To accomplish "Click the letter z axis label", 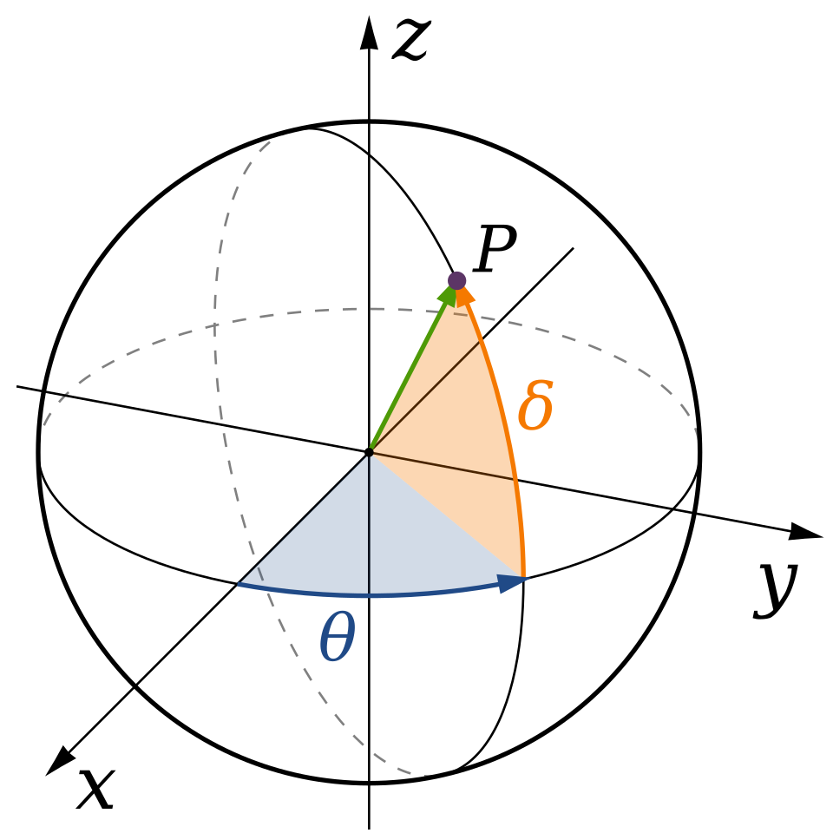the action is (410, 40).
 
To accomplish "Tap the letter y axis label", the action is (775, 588).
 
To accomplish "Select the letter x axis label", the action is (96, 789).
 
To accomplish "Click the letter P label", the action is (495, 248).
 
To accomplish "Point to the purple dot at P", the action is (457, 280).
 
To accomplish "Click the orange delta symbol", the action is (535, 405).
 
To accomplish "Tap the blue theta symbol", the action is (338, 636).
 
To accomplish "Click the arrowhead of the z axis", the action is (370, 33).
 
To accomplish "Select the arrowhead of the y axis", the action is (805, 532).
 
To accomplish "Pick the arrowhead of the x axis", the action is (60, 762).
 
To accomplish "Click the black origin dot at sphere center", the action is (370, 453).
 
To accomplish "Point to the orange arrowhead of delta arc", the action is (463, 295).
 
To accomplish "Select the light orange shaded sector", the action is (462, 451).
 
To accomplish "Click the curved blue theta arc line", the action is (372, 595).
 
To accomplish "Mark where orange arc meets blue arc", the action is (524, 577).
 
